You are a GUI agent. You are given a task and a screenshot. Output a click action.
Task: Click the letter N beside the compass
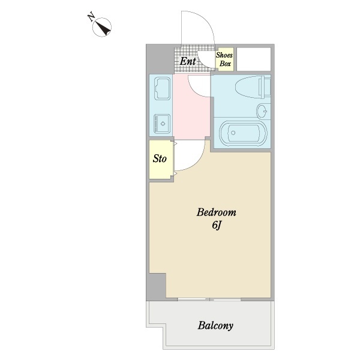click(x=91, y=17)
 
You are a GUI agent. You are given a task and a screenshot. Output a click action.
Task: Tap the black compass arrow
click(x=103, y=28)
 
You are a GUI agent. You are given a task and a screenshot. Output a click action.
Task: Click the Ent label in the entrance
click(x=188, y=61)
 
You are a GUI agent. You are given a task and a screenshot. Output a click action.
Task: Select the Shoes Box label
click(x=224, y=59)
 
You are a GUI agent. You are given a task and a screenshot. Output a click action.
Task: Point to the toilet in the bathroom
click(x=253, y=87)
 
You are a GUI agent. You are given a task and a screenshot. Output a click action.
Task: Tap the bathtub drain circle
click(x=233, y=133)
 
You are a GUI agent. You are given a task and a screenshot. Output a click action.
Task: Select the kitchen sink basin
click(x=163, y=89)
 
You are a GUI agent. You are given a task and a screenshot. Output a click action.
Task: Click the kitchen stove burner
click(x=163, y=124)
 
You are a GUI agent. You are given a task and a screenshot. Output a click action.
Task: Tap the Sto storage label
click(x=160, y=158)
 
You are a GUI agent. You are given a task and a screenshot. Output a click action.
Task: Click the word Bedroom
click(x=216, y=212)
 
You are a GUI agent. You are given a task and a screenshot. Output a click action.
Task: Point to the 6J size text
click(x=216, y=226)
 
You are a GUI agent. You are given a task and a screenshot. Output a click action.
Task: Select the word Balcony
click(x=215, y=326)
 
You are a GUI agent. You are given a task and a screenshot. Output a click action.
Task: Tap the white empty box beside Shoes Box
click(x=254, y=59)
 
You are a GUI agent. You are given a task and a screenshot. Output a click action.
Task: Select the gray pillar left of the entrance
click(x=160, y=59)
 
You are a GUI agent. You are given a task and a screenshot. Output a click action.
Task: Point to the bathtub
click(x=243, y=133)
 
